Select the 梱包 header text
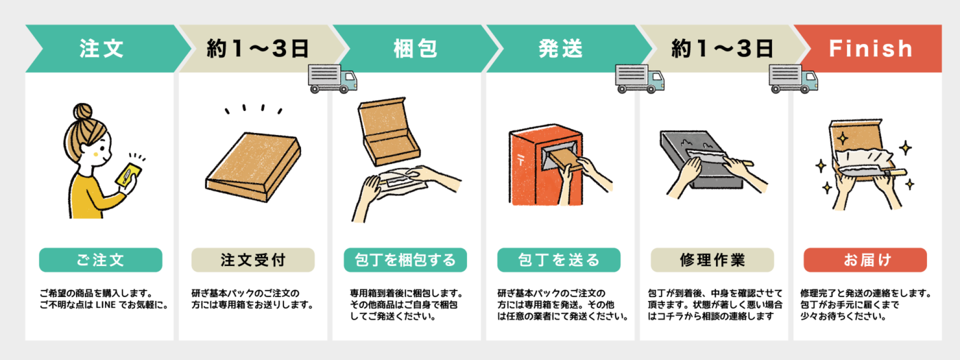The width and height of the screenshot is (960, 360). coord(416,49)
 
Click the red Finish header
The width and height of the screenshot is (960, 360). coord(870,49)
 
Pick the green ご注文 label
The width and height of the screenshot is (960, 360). coord(101,260)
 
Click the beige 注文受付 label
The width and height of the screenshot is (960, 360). coord(253,260)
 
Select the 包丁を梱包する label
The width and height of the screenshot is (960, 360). coord(405,260)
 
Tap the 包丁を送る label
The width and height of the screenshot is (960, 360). coord(559,260)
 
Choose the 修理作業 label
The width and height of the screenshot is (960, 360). coord(712,260)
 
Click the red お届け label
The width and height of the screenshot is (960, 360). coord(865,260)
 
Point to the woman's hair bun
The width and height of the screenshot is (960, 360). coord(82,112)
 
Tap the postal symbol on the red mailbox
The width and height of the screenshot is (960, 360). coord(520,160)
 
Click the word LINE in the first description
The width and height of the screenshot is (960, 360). coord(106,305)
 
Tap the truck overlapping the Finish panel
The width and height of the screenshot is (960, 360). coord(793,78)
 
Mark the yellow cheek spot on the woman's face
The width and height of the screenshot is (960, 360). coord(95,154)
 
